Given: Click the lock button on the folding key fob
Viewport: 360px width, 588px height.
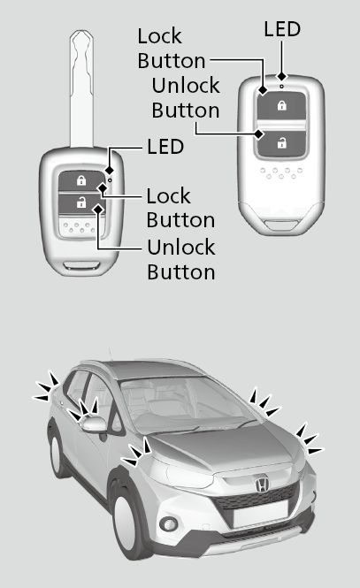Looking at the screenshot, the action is (81, 181).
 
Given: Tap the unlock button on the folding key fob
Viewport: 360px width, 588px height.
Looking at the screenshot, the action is (81, 203).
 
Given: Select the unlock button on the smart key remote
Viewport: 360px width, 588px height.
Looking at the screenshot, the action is (281, 143).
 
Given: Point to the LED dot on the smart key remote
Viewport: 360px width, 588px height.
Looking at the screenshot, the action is (281, 87).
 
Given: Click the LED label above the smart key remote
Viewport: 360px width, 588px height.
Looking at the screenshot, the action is (282, 29).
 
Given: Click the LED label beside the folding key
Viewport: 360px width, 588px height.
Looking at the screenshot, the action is (165, 146).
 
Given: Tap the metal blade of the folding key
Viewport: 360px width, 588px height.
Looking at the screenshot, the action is (81, 89).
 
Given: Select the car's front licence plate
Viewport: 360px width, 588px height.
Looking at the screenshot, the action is (260, 513).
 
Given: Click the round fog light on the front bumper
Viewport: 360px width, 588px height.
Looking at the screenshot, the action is (169, 523).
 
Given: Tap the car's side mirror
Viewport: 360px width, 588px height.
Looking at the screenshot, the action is (94, 424).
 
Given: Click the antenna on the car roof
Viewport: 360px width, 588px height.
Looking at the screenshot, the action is (111, 355).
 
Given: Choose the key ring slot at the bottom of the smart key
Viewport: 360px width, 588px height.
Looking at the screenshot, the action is (282, 225).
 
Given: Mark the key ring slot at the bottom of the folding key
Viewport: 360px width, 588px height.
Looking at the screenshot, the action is (81, 266).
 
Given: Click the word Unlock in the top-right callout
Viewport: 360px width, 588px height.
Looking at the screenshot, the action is (186, 85).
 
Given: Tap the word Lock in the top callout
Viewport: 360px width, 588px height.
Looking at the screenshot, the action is (160, 36).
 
